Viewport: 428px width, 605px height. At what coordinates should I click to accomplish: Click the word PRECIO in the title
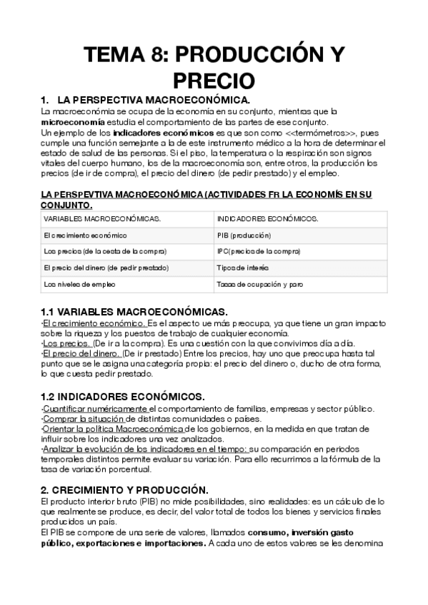pos(214,78)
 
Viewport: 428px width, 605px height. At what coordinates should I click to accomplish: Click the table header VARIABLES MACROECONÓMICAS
pos(102,218)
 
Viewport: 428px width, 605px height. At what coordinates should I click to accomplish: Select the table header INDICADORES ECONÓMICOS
pos(268,218)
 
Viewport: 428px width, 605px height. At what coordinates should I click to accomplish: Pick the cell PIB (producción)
pos(244,235)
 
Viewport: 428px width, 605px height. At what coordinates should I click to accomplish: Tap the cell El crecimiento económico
pos(85,235)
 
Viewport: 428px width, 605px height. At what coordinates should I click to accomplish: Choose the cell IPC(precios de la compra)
pos(259,251)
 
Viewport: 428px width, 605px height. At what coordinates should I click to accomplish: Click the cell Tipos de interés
pos(243,268)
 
